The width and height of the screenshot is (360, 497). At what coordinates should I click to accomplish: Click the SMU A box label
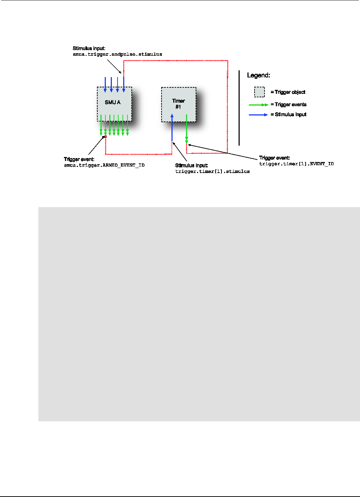pos(113,102)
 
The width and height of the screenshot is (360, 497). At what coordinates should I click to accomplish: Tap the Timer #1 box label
pos(178,104)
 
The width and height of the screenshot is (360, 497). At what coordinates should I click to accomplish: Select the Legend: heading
pos(258,75)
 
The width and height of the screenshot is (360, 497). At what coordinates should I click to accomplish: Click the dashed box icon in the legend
pos(260,92)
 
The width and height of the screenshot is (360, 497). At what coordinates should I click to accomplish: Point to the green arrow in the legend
pos(258,105)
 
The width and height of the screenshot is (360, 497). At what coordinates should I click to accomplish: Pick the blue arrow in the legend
pos(258,115)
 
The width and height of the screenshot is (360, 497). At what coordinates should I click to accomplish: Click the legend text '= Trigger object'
pos(288,92)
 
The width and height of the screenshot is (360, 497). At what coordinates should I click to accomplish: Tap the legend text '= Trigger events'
pos(288,104)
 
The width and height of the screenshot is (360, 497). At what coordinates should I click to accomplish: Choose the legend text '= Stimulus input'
pos(288,114)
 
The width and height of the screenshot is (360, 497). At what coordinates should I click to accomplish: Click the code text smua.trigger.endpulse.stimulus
pos(117,54)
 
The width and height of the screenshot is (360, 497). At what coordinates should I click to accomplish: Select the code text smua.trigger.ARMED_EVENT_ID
pos(104,165)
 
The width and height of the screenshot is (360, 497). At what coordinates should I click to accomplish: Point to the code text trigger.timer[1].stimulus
pos(212,171)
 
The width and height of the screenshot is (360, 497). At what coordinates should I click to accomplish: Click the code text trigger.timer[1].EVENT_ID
pos(296,164)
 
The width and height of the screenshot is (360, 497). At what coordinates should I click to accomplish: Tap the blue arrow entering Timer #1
pos(172,128)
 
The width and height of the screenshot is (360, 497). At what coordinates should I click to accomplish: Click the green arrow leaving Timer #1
pos(186,128)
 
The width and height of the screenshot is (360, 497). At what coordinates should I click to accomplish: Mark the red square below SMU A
pos(105,137)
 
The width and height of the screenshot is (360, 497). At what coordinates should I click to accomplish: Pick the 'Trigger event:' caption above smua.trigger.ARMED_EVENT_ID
pos(79,159)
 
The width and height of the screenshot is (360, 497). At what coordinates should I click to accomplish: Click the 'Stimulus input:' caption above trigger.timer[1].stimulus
pos(191,165)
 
